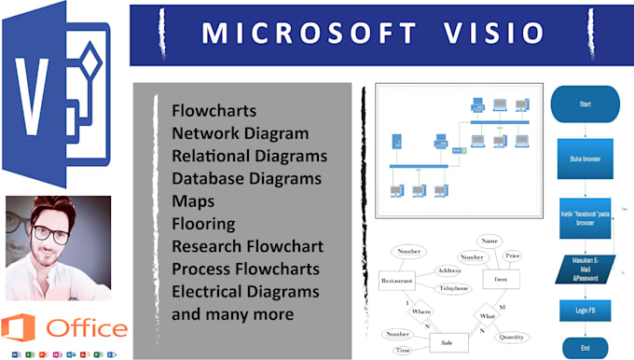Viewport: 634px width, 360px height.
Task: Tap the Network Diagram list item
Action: coord(240,132)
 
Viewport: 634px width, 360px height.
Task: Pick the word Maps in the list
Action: coord(192,201)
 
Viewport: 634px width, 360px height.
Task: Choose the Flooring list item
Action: coord(204,223)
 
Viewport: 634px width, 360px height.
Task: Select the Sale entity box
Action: coord(448,343)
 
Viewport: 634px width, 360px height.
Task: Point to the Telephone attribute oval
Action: coord(454,290)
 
